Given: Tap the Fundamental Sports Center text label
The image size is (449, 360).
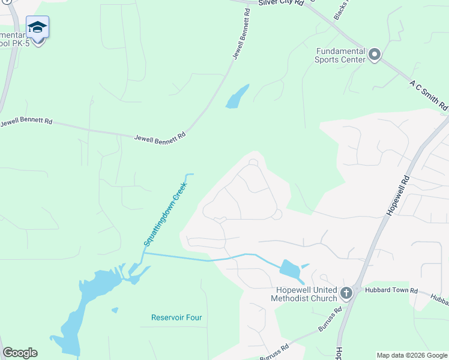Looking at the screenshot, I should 341,55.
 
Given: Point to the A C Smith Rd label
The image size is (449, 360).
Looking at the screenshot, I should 429,95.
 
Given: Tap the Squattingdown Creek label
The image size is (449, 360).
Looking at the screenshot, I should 165,214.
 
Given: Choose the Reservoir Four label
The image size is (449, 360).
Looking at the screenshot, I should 176,317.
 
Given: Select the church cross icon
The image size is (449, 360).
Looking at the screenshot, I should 346,293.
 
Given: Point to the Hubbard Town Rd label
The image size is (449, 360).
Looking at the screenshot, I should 391,290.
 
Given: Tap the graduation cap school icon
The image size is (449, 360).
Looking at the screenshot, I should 37,28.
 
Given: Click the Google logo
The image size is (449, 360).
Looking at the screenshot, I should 20,353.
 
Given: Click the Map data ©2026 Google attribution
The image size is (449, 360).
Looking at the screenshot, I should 412,355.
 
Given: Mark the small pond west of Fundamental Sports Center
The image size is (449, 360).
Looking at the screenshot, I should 237,97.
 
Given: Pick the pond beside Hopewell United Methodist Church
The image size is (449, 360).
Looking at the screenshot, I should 291,271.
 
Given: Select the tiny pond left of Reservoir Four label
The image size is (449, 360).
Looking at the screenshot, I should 115,310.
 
